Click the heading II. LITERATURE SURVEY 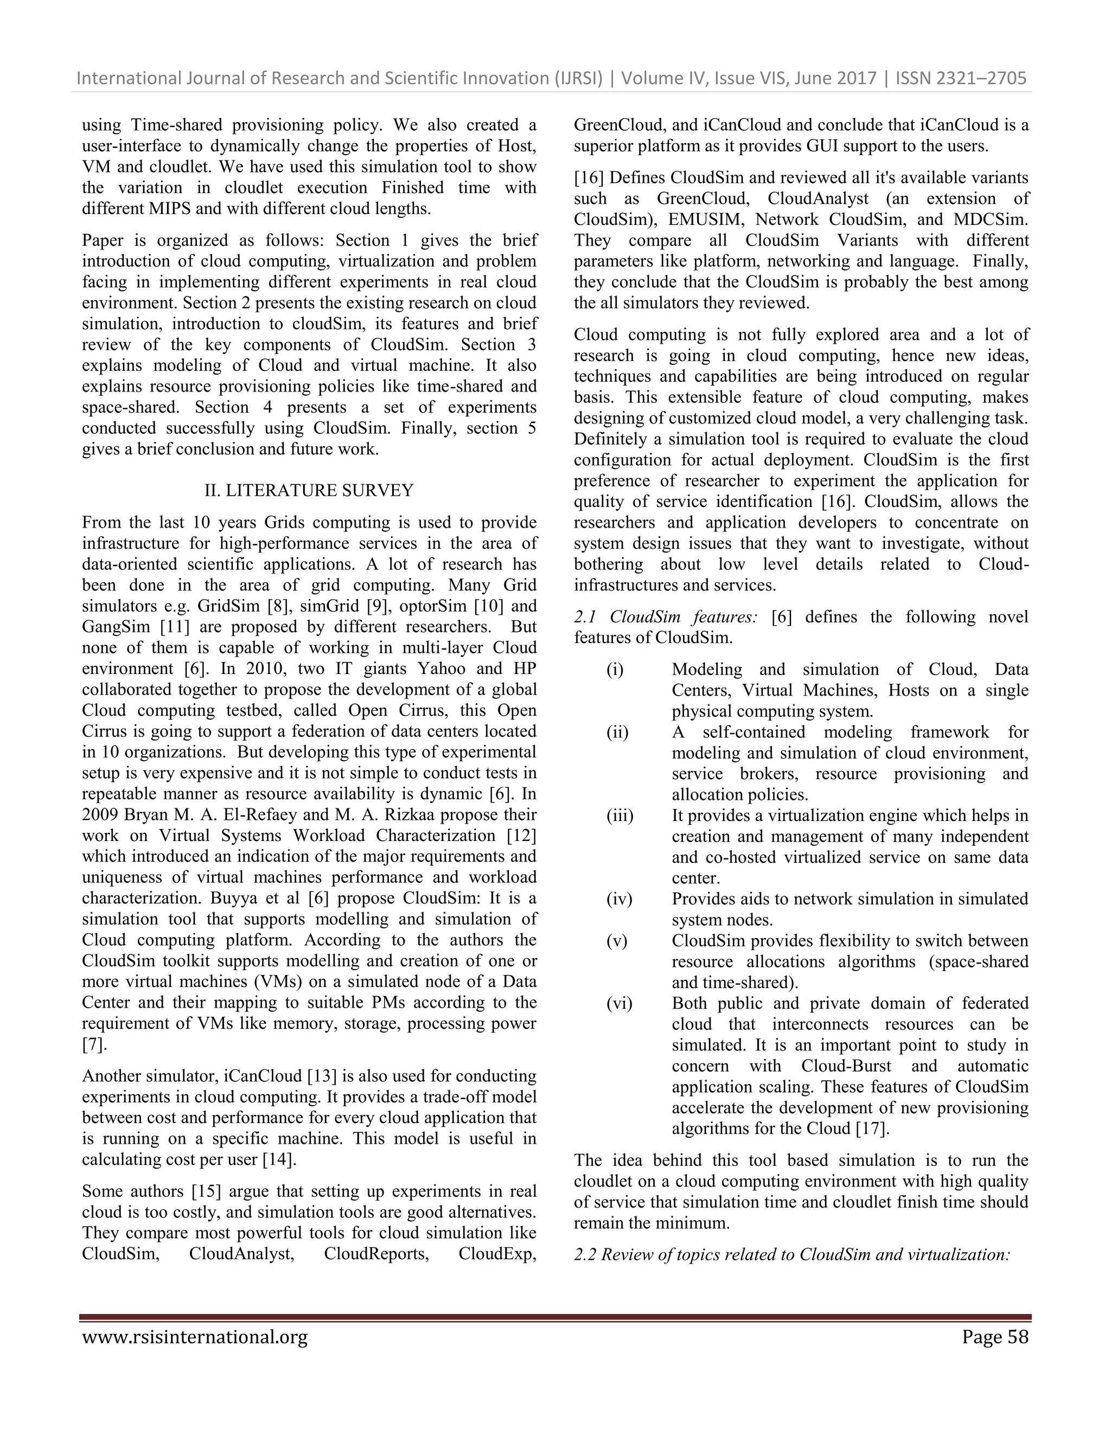pyautogui.click(x=309, y=490)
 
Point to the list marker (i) pyautogui.click(x=615, y=669)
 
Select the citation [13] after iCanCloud pyautogui.click(x=322, y=1076)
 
